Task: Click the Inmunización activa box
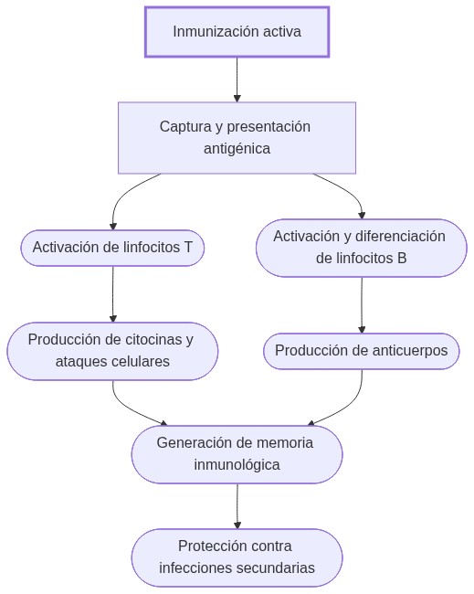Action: point(237,31)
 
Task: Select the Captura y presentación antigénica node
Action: point(237,137)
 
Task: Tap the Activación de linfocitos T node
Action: point(112,247)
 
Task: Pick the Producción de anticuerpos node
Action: point(361,350)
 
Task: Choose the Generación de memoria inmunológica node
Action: point(237,453)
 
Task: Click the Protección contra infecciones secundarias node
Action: point(237,557)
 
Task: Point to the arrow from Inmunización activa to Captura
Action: point(237,80)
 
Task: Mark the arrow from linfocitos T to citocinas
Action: point(112,293)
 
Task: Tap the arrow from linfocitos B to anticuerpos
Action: point(362,304)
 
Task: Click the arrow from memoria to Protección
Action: point(237,505)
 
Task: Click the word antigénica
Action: point(237,148)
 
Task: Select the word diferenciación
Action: point(393,236)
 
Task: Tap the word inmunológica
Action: point(237,464)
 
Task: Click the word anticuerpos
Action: point(406,350)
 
